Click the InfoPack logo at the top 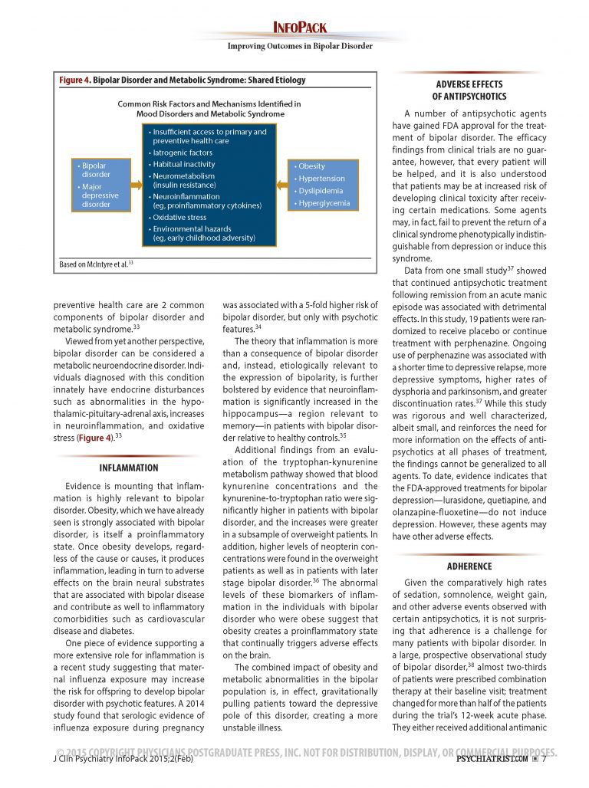click(x=300, y=28)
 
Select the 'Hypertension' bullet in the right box click(x=322, y=179)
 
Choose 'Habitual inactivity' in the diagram click(x=184, y=165)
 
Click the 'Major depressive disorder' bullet click(x=96, y=195)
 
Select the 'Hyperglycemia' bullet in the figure click(x=324, y=204)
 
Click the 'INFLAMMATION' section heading click(x=129, y=468)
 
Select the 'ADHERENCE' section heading click(x=469, y=566)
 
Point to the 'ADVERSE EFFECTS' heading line click(x=469, y=84)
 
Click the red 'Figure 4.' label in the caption click(x=75, y=80)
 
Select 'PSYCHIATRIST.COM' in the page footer click(x=491, y=760)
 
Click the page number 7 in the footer click(x=544, y=760)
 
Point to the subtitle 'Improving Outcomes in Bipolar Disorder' click(x=300, y=46)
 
